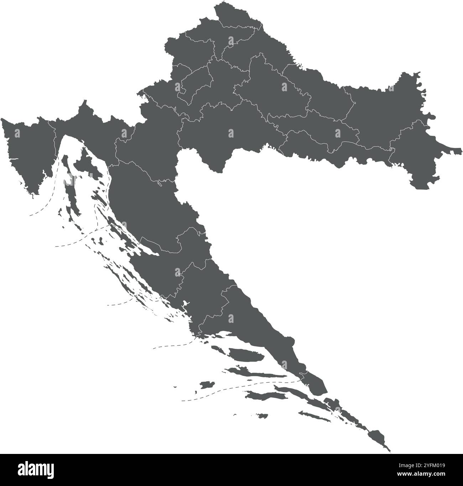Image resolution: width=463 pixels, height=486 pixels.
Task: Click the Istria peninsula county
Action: coord(27,153)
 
